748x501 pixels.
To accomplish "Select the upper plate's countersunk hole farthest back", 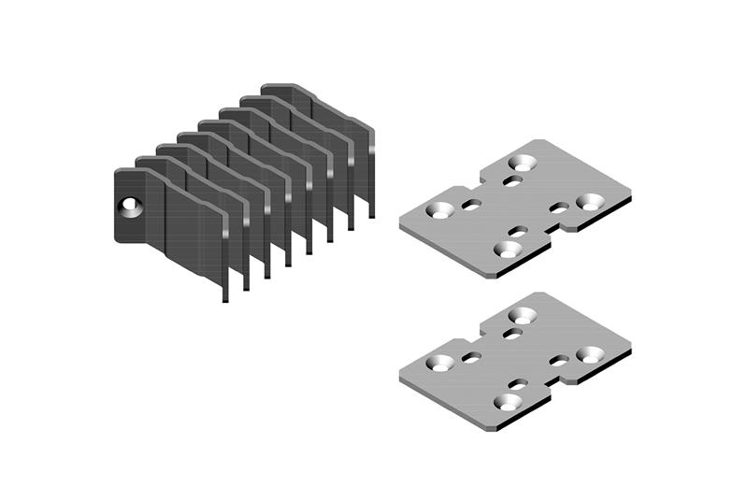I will [520, 162].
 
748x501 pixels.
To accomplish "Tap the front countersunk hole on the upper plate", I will [508, 250].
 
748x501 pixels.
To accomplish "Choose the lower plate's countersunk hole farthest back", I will [520, 315].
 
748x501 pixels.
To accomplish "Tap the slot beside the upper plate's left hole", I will [472, 205].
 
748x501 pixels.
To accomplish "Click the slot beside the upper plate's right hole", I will [559, 208].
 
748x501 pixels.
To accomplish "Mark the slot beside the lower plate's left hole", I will [472, 357].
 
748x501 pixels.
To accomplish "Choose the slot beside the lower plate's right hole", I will [559, 360].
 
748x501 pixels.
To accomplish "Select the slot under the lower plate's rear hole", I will [513, 333].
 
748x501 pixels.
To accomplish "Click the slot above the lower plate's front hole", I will [517, 383].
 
